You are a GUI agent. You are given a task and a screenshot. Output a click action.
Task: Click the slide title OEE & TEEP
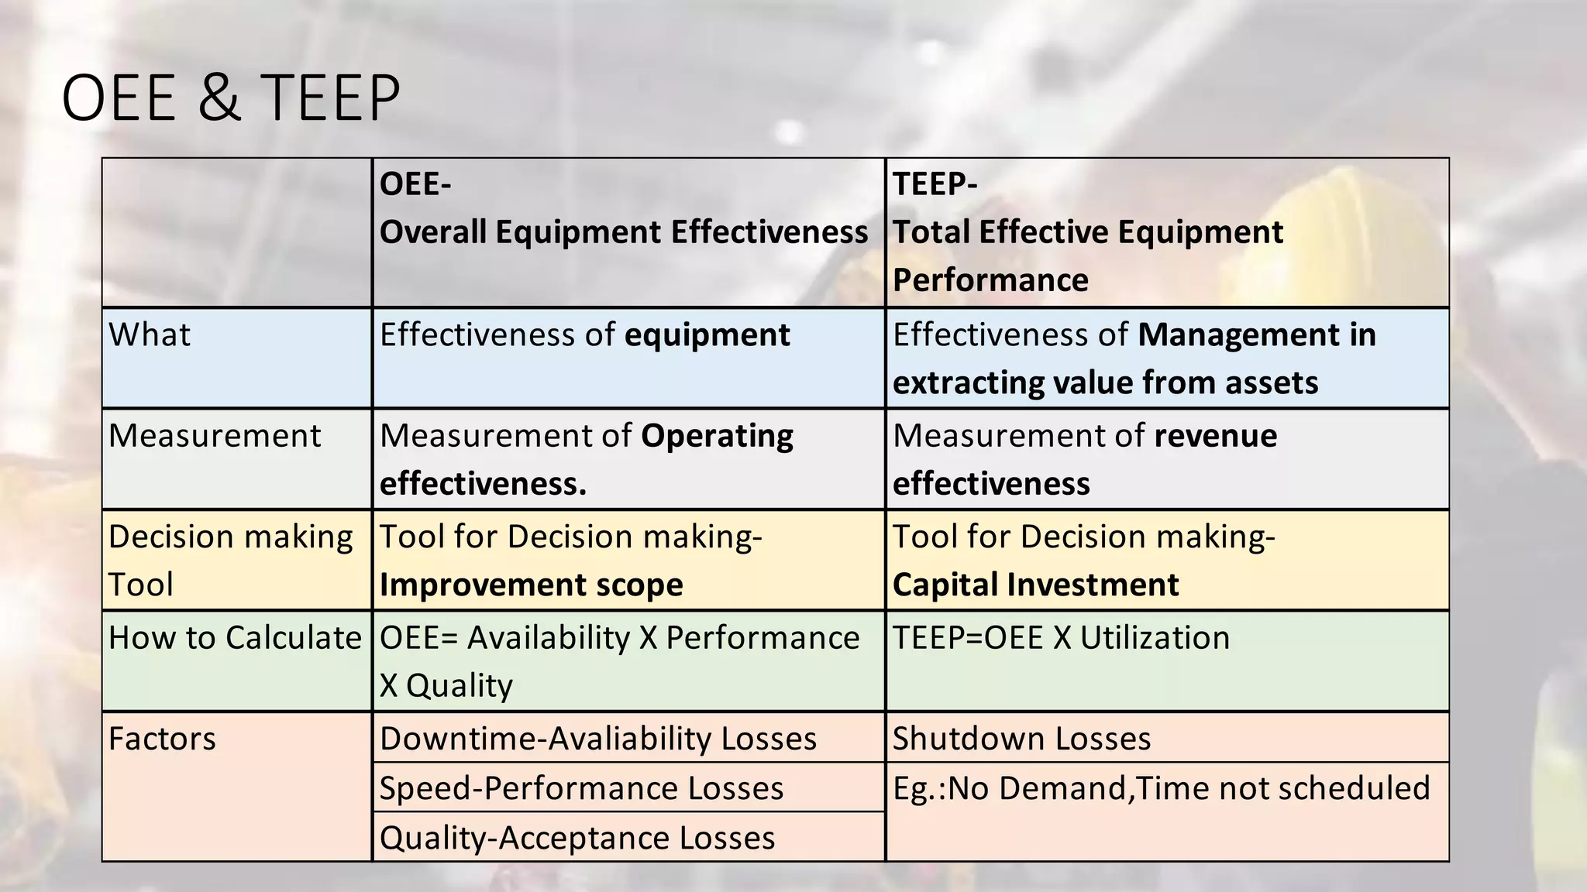(230, 98)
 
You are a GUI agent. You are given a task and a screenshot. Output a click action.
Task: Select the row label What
(150, 335)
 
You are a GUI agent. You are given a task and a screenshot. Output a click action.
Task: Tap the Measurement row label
(215, 436)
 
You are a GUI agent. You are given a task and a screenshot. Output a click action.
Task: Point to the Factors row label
(162, 739)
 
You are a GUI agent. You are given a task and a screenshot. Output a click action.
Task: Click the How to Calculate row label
(235, 638)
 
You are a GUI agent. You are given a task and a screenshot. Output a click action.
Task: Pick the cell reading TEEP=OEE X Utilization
(1061, 638)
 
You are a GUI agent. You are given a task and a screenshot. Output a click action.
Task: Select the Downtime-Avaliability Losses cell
(597, 739)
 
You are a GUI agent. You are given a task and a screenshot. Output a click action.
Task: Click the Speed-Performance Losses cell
(581, 788)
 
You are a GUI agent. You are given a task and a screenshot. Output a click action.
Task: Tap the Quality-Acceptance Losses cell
(577, 838)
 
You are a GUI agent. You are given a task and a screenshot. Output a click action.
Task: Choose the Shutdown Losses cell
(1021, 739)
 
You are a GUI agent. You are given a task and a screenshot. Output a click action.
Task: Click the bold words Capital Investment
(1035, 585)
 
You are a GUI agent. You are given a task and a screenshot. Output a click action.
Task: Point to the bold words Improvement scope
(531, 585)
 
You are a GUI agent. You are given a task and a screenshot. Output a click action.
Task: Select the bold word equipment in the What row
(707, 335)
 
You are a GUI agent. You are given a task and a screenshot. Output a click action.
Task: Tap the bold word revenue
(1215, 436)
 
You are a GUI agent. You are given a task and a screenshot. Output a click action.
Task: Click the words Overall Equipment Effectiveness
(624, 232)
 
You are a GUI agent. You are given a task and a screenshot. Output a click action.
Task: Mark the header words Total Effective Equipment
(1088, 232)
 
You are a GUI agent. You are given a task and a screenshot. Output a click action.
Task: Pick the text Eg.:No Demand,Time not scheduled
(1161, 788)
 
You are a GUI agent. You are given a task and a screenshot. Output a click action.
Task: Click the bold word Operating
(717, 436)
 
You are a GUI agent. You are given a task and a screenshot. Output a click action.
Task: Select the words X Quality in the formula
(446, 686)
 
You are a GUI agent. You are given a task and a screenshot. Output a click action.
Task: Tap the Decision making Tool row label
(230, 560)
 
